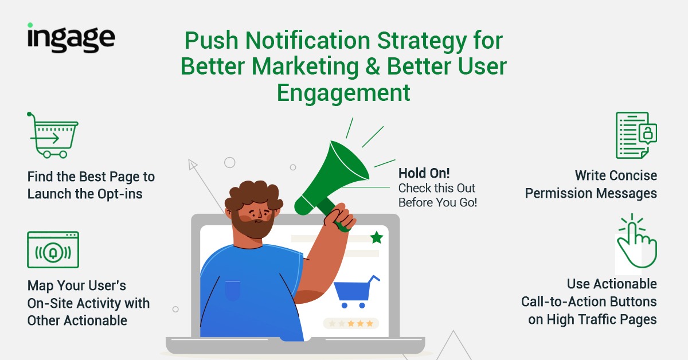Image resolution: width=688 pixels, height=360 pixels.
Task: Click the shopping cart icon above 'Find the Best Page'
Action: [x=53, y=135]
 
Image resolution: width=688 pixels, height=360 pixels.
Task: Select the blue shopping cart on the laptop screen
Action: [x=356, y=292]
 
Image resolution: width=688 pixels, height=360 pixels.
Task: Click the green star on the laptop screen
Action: [x=377, y=237]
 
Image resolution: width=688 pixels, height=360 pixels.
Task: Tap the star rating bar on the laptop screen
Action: [x=351, y=323]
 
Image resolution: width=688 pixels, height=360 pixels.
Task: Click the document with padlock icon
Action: [x=636, y=135]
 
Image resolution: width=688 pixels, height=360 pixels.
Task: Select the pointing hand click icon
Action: [x=637, y=241]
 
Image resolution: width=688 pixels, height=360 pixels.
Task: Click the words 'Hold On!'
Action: [x=424, y=173]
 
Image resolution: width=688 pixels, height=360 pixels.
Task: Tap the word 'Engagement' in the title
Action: [x=343, y=93]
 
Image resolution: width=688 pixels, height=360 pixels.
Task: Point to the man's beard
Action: [x=252, y=225]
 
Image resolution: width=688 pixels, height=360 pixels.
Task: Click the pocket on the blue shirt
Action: [x=233, y=290]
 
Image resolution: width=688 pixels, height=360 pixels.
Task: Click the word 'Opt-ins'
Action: [x=120, y=194]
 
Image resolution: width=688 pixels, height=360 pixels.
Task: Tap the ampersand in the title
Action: [x=373, y=66]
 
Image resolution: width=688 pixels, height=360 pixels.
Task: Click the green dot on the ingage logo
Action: [x=30, y=25]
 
